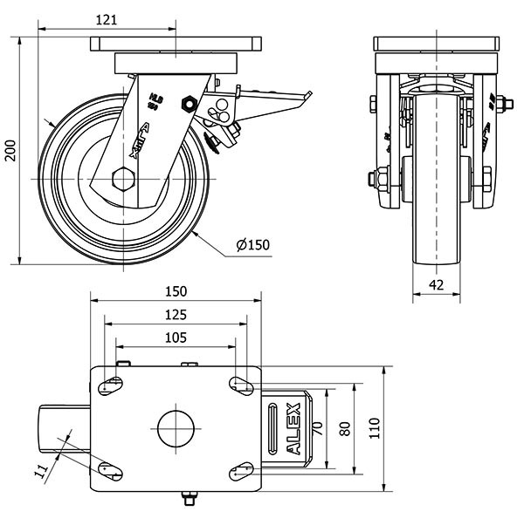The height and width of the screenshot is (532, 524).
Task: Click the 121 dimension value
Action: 107,22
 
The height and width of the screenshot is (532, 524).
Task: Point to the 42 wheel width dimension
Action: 437,284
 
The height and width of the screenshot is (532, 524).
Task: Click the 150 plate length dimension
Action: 177,291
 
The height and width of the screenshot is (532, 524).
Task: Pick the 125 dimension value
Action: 177,313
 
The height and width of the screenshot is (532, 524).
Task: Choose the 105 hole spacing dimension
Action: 177,336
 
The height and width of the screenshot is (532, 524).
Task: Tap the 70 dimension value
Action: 317,427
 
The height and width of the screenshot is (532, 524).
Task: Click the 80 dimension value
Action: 345,427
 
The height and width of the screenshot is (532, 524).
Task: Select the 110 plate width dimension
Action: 376,427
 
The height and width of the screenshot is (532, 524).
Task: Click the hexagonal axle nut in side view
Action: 121,182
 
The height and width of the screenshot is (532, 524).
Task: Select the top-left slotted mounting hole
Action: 111,385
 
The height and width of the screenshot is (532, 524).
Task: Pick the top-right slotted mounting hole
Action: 240,385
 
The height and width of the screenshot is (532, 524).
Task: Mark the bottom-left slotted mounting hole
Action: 111,470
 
